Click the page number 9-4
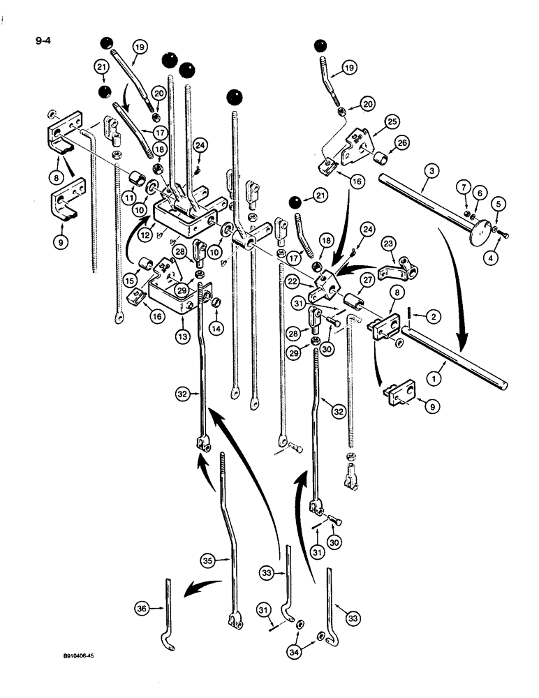[43, 40]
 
